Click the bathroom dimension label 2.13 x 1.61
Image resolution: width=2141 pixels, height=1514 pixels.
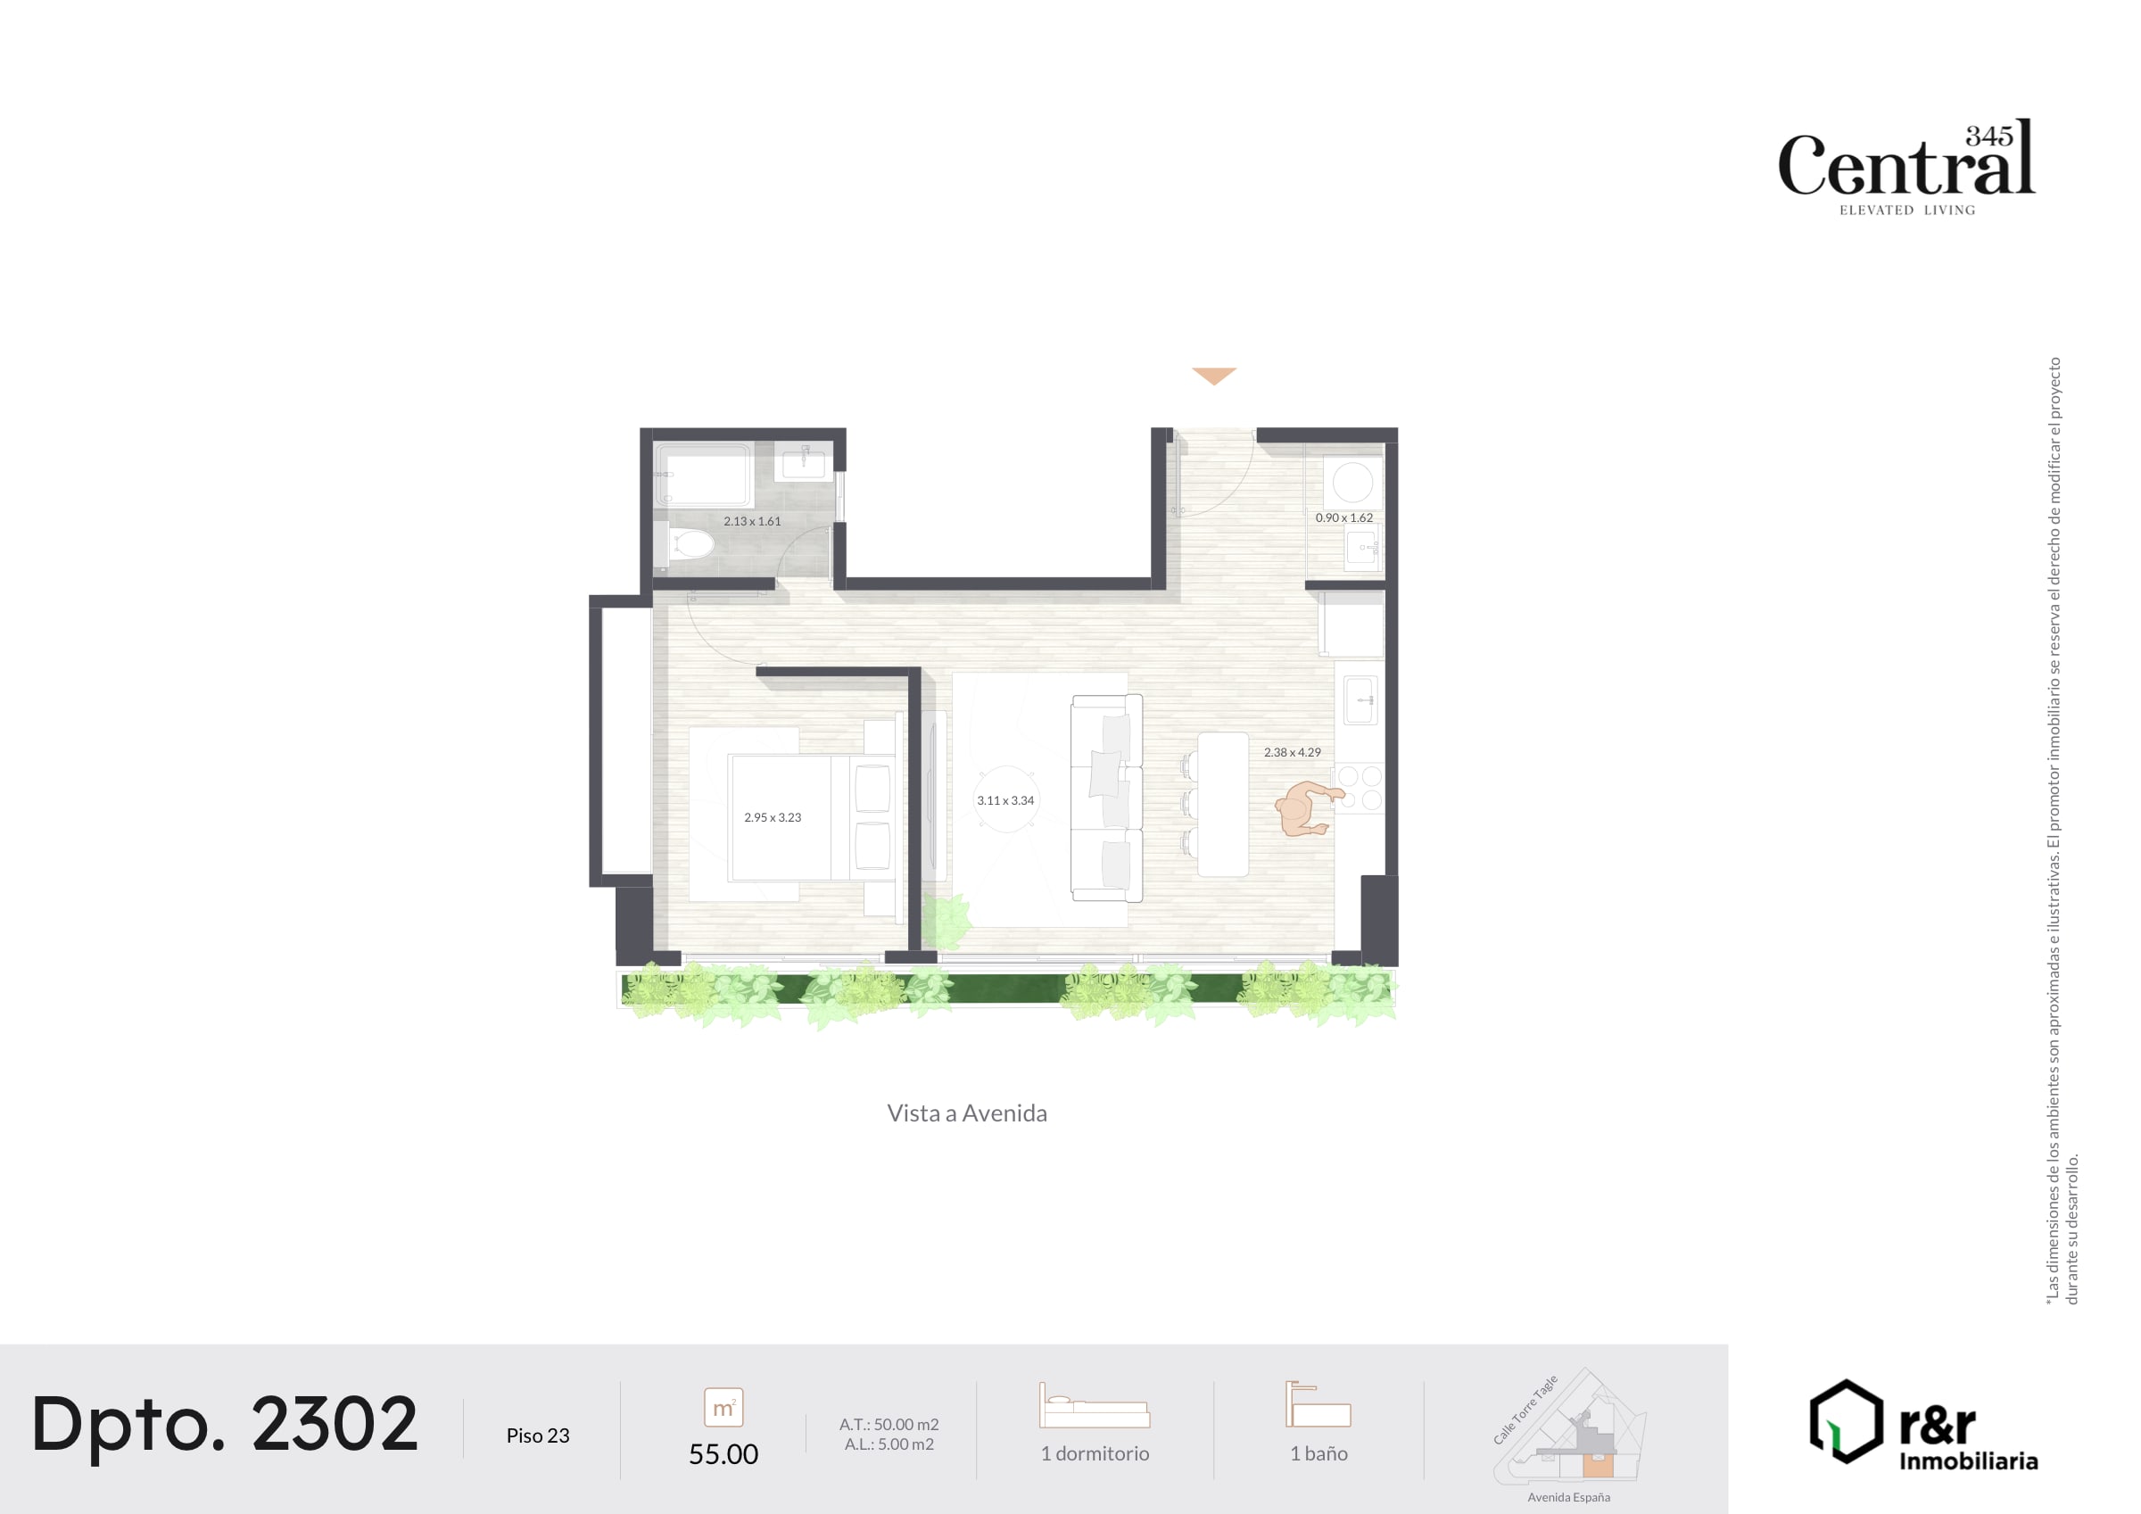tap(752, 521)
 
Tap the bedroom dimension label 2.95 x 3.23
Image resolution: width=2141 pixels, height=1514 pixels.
tap(773, 817)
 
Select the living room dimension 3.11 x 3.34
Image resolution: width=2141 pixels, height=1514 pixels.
tap(1005, 800)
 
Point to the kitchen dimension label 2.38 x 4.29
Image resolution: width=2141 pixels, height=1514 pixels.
tap(1293, 752)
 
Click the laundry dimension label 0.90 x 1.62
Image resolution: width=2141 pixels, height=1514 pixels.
tap(1343, 517)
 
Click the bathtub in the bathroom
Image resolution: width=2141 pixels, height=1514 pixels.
tap(704, 476)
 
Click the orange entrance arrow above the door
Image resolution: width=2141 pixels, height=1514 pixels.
tap(1214, 376)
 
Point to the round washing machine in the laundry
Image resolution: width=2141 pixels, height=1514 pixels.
tap(1352, 484)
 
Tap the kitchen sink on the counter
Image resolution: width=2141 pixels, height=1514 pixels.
tap(1360, 700)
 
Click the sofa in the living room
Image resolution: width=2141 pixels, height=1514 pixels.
tap(1107, 798)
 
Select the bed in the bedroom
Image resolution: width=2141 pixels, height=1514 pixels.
tap(809, 818)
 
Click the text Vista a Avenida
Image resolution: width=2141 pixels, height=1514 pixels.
tap(967, 1113)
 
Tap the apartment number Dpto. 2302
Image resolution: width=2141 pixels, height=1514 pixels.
tap(225, 1425)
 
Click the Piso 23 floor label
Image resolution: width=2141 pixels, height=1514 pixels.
tap(538, 1435)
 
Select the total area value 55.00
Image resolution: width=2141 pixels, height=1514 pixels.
tap(723, 1453)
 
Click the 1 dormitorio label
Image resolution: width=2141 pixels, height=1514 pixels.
tap(1095, 1453)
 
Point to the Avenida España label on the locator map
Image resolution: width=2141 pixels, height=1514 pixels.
tap(1568, 1497)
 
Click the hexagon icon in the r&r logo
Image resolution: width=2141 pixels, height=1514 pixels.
tap(1846, 1421)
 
